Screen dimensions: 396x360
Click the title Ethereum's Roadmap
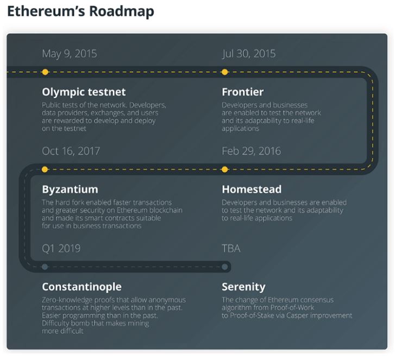[x=80, y=12]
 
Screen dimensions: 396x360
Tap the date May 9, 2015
[x=70, y=54]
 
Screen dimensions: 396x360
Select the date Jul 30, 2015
[x=249, y=54]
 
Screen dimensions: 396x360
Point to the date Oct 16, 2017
[x=71, y=151]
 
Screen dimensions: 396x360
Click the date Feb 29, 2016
[x=251, y=151]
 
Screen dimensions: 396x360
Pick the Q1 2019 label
[x=61, y=248]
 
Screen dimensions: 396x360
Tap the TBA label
[x=231, y=248]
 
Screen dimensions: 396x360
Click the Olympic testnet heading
[x=84, y=92]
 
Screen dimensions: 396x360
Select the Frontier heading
[x=243, y=92]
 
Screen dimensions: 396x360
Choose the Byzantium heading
[x=70, y=190]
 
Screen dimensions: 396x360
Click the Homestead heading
[x=252, y=190]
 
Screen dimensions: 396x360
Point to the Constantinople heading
[x=81, y=286]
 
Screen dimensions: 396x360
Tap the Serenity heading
[x=243, y=286]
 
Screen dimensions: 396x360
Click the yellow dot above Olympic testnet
[x=45, y=72]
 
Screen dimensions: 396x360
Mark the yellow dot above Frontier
[x=225, y=72]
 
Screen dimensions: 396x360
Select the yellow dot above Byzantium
[x=45, y=169]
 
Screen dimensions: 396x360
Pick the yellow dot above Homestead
[x=225, y=169]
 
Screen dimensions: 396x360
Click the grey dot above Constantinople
[x=45, y=267]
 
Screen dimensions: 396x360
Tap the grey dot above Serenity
[x=225, y=267]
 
